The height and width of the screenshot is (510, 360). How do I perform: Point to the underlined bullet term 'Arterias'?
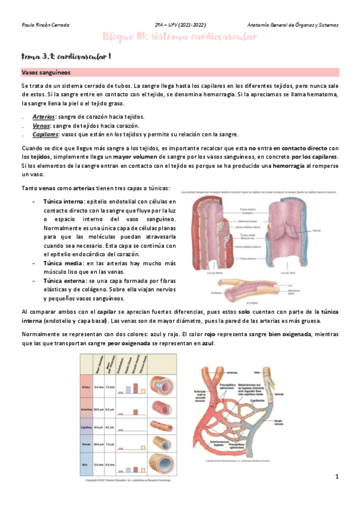pyautogui.click(x=44, y=117)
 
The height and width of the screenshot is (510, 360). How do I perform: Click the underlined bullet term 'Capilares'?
pyautogui.click(x=46, y=134)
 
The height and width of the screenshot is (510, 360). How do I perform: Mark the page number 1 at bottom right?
pyautogui.click(x=337, y=477)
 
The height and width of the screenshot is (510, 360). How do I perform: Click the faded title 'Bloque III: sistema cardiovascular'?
pyautogui.click(x=180, y=37)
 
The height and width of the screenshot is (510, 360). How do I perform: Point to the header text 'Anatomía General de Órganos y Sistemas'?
pyautogui.click(x=293, y=25)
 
